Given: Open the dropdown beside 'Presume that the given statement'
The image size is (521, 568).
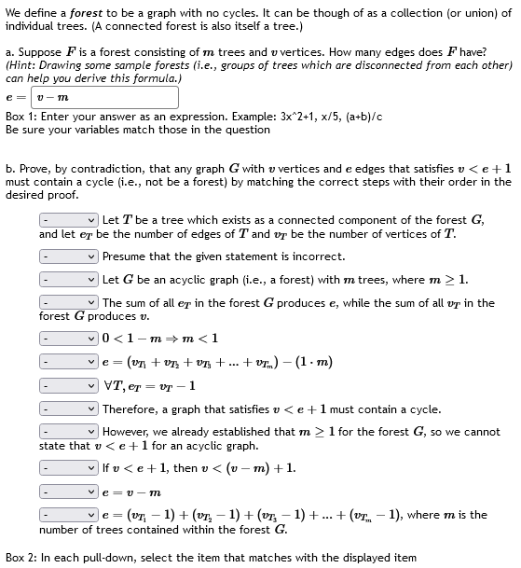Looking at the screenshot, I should click(68, 256).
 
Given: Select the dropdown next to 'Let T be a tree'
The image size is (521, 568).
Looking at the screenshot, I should click(68, 220).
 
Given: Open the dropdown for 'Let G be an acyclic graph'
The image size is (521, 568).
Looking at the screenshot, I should click(68, 279).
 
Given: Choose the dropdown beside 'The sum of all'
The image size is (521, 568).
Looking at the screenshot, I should click(68, 303).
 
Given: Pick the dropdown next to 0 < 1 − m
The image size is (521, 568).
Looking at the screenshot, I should click(68, 338).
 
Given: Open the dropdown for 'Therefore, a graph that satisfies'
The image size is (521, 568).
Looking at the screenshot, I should click(68, 409).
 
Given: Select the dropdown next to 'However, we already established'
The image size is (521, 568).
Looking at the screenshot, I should click(68, 433).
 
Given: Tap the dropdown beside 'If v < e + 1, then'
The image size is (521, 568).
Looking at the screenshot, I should click(68, 467).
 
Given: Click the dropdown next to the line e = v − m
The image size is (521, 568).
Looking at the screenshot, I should click(68, 491).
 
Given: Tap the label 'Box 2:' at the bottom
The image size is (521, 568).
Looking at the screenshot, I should click(21, 558).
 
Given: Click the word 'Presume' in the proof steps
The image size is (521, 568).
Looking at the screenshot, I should click(124, 256).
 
